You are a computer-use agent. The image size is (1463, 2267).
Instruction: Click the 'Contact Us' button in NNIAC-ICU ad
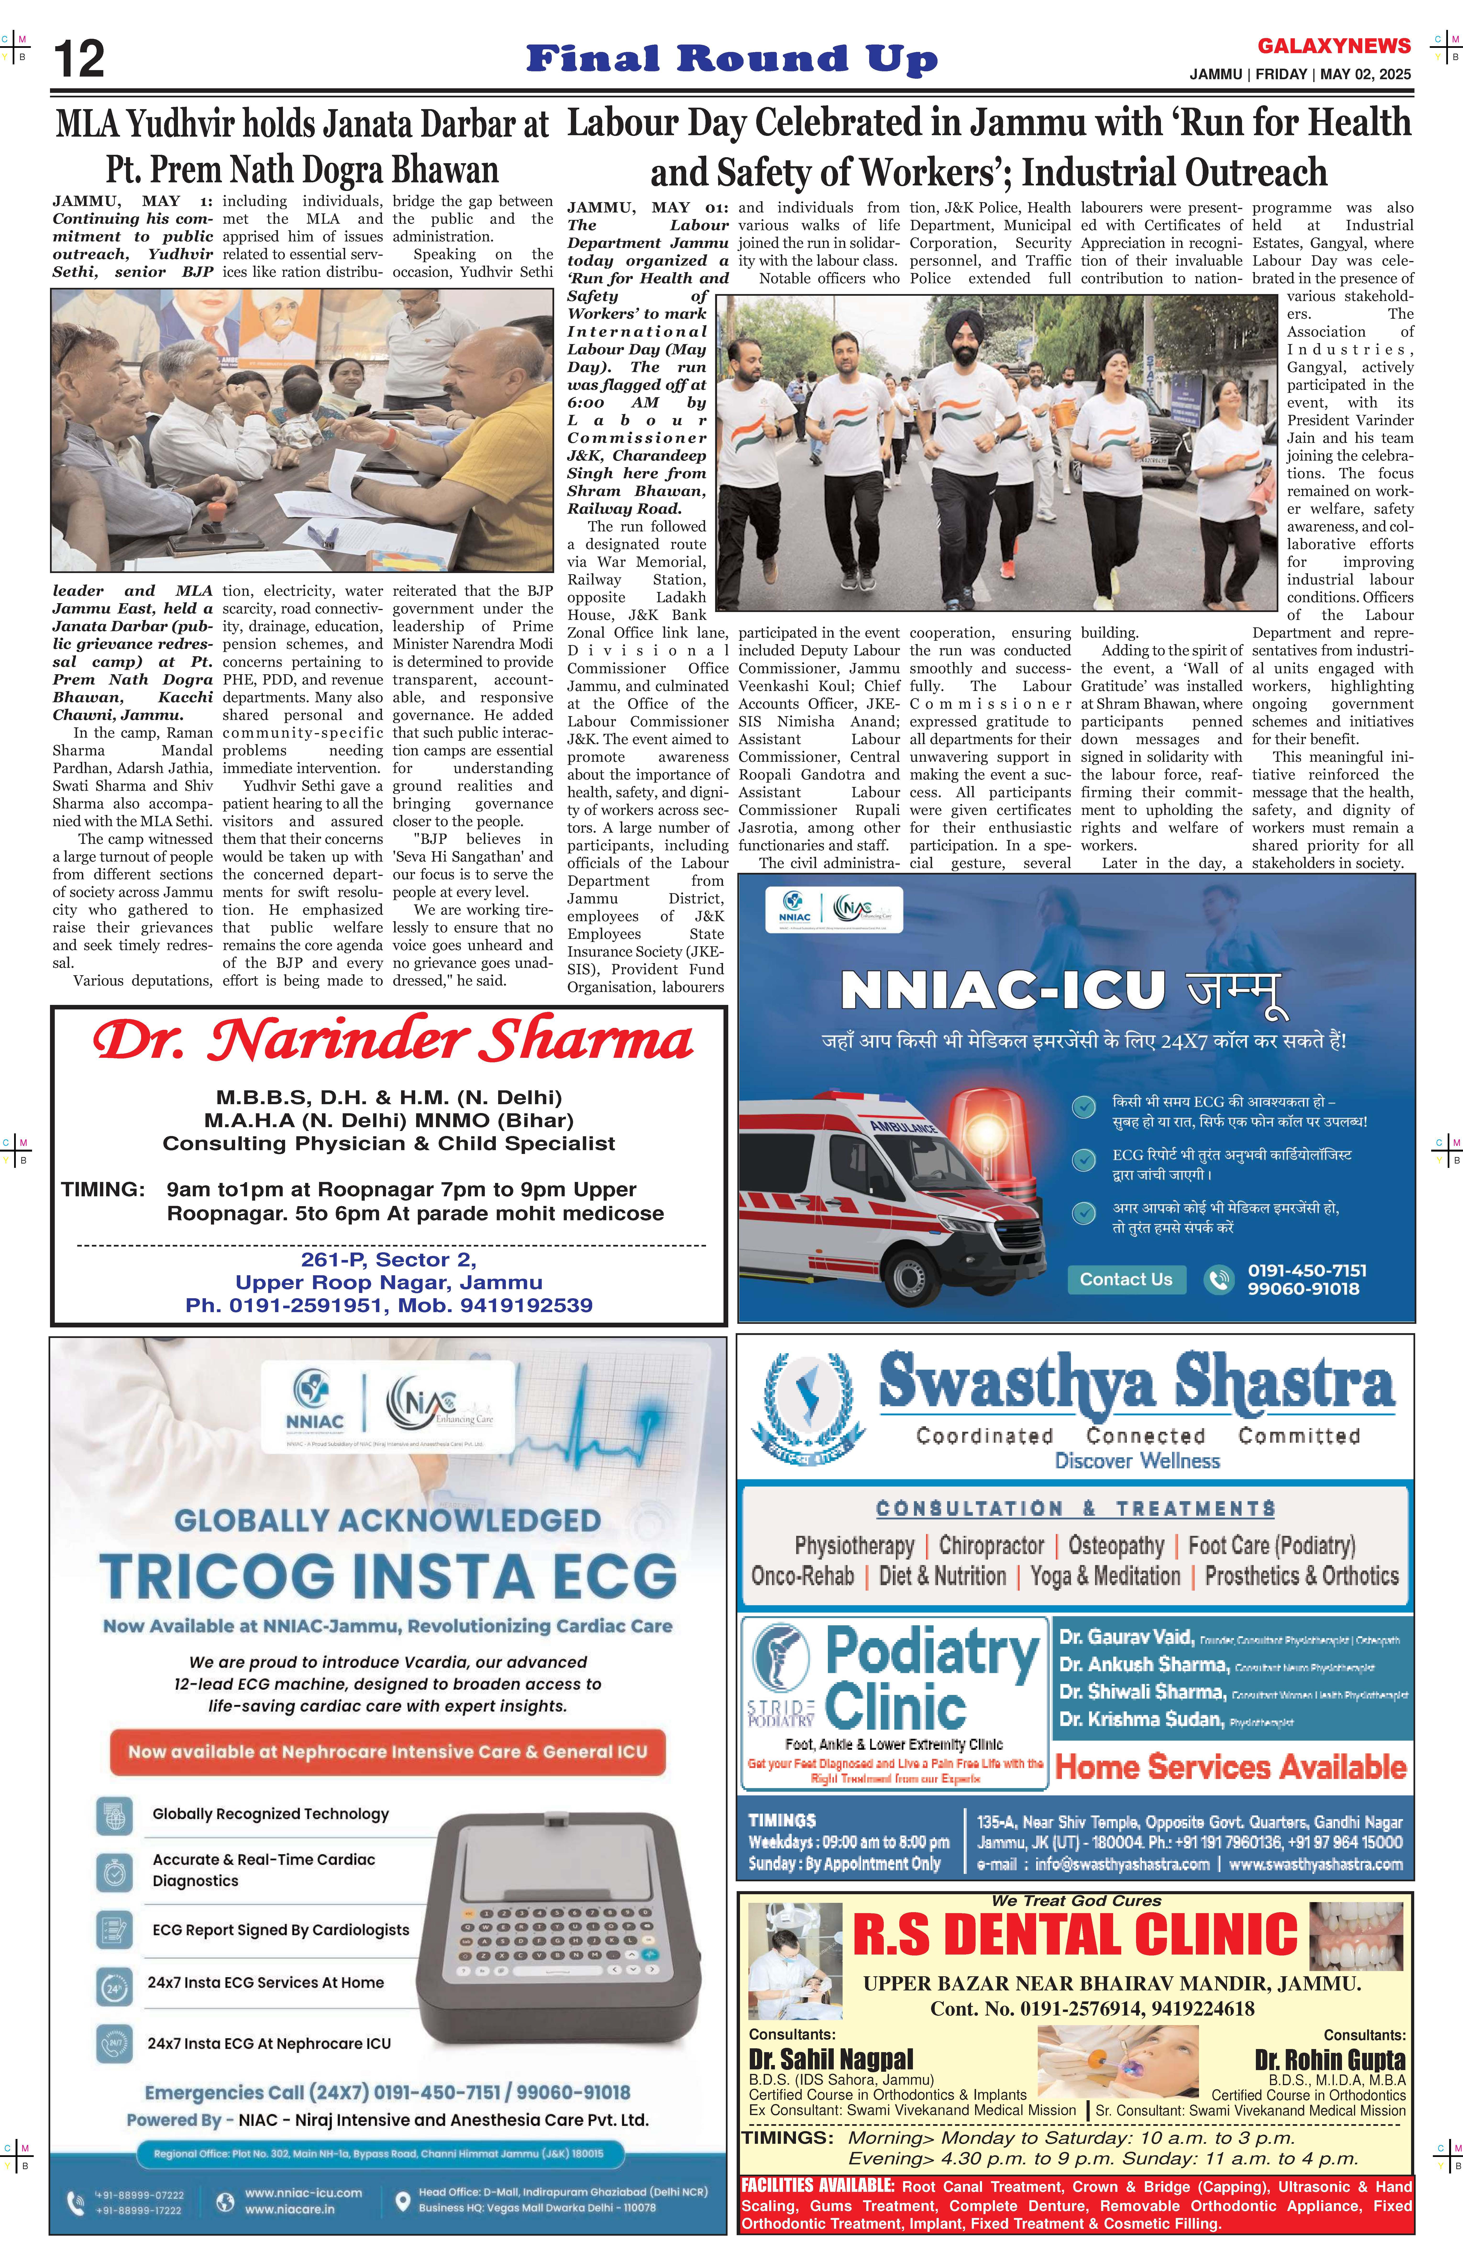click(1126, 1279)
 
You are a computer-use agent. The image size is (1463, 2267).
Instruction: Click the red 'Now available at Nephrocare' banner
click(388, 1751)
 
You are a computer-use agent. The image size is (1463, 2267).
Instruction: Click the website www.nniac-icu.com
click(303, 2193)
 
